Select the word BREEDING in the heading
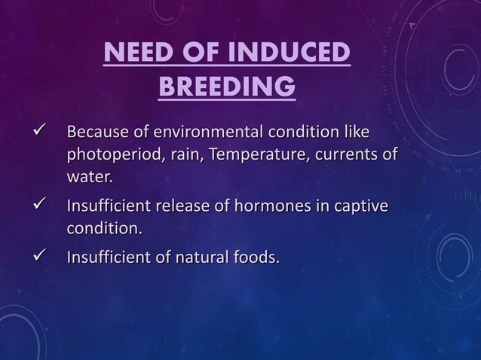[226, 87]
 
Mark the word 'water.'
[89, 178]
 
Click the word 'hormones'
[270, 206]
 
